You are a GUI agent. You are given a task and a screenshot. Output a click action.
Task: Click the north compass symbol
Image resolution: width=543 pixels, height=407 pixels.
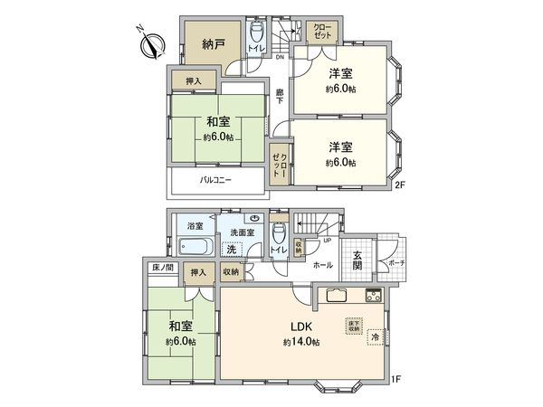coord(151,43)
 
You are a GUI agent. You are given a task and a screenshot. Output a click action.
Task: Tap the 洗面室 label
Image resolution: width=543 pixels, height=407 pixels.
coord(243,233)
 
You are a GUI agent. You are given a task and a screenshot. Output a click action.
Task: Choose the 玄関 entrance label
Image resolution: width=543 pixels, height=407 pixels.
coord(357,260)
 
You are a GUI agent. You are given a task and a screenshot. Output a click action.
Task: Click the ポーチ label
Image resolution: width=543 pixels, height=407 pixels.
coord(395,262)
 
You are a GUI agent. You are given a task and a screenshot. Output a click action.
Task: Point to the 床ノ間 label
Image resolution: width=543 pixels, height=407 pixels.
coord(162,269)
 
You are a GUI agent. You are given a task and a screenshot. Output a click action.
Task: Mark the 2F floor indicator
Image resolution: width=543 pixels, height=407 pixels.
coord(397,186)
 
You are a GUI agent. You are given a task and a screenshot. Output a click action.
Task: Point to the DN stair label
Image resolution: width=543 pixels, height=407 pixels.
coord(280,55)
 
